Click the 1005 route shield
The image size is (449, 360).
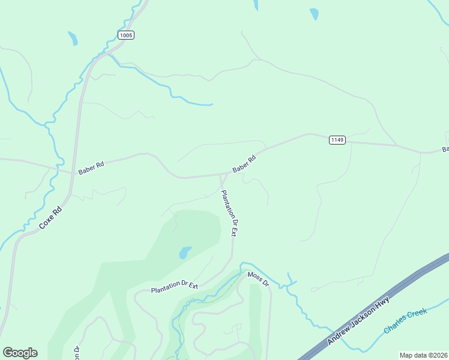(126, 35)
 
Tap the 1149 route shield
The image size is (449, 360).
(337, 140)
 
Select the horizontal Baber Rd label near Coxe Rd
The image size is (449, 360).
(91, 167)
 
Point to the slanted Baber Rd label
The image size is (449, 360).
(245, 164)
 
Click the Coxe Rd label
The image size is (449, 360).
(51, 217)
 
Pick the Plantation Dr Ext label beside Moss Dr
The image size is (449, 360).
(174, 287)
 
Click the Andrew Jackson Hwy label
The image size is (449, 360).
(359, 320)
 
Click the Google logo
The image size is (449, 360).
(20, 352)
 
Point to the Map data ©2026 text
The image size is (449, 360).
(423, 355)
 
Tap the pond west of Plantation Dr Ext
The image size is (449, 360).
(185, 253)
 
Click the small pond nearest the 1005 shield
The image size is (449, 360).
(73, 38)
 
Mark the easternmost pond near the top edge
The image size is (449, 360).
(314, 14)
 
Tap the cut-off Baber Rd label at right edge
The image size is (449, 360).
(445, 149)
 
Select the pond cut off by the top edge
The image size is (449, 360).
(256, 5)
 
